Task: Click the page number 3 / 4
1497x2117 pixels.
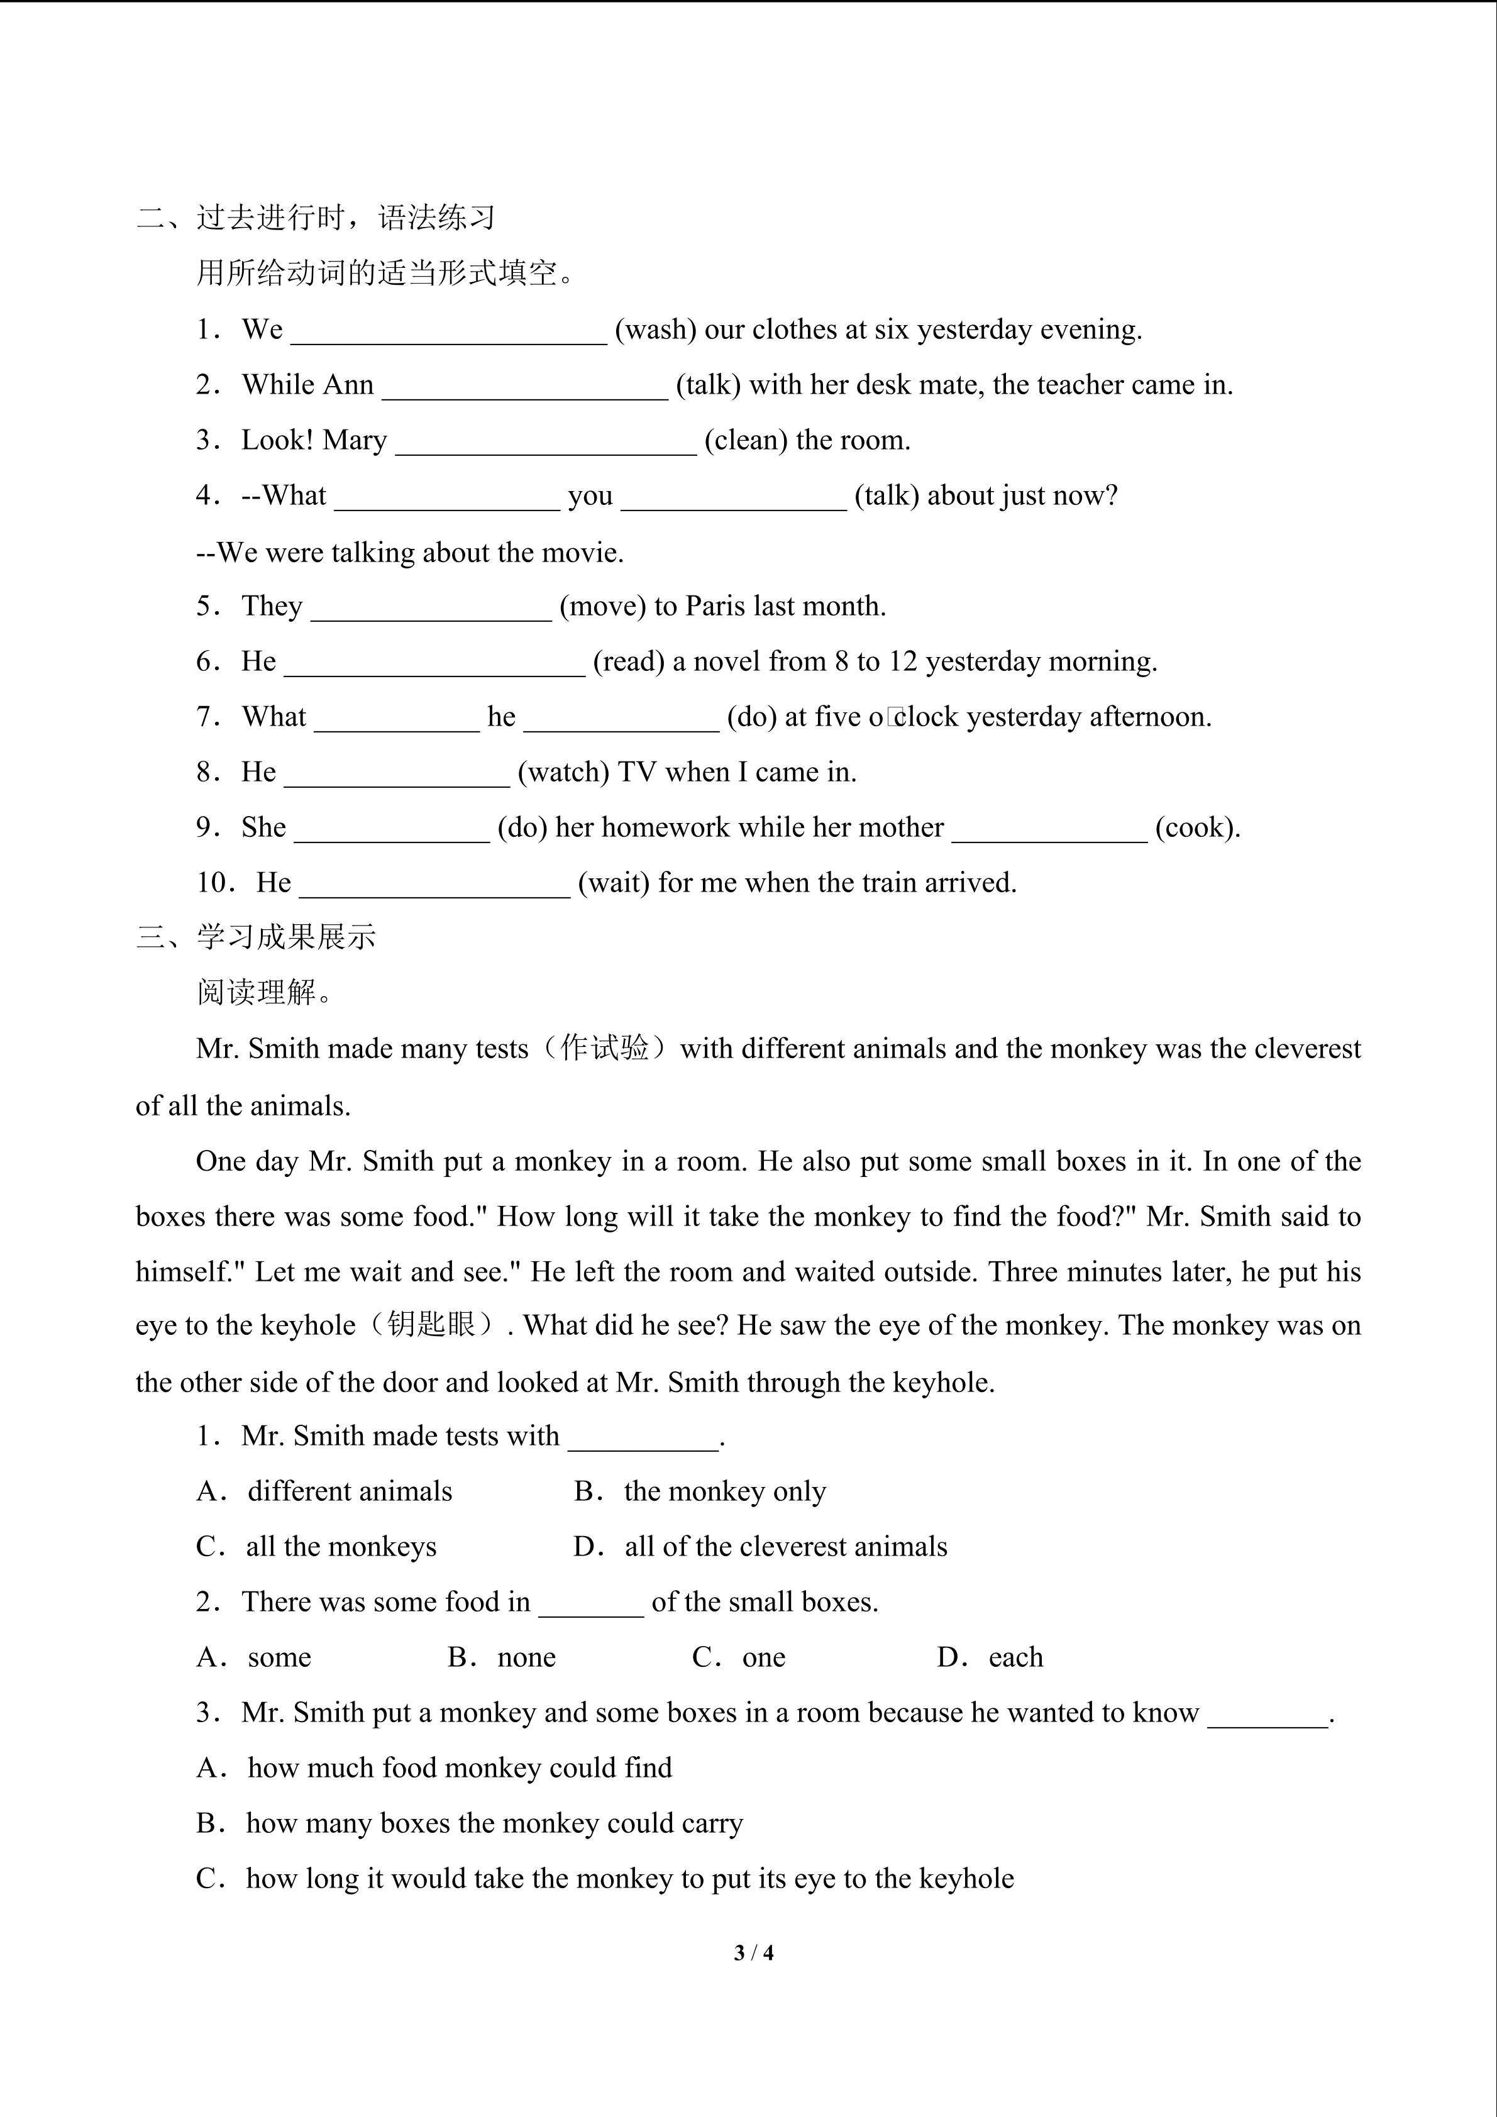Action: [753, 1952]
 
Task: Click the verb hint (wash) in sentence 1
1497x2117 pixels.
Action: [655, 329]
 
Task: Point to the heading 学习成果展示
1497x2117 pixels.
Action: [286, 937]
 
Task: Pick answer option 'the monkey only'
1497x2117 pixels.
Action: [724, 1491]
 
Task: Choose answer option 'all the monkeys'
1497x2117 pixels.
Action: [341, 1546]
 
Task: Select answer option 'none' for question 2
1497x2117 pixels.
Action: [526, 1657]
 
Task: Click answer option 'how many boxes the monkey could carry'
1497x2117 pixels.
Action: [494, 1823]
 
